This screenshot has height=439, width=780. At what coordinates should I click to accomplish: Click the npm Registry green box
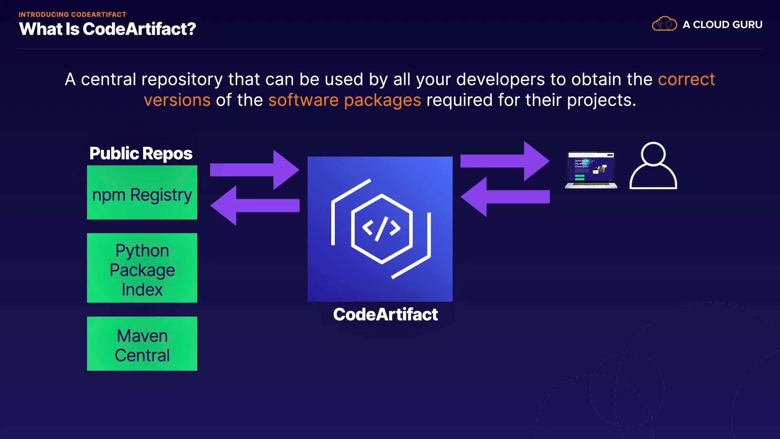(142, 192)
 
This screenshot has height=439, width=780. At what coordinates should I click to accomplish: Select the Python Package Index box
(142, 268)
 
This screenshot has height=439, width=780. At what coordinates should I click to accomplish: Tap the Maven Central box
(142, 343)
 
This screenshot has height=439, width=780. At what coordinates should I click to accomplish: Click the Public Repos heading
(141, 153)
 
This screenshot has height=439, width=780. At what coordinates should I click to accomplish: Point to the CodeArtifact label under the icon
(385, 314)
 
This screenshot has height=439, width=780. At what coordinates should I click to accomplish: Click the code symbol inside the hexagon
(381, 228)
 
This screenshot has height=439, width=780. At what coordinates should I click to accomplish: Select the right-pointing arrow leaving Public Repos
(255, 170)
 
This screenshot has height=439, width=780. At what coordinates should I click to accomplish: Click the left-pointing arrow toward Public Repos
(255, 205)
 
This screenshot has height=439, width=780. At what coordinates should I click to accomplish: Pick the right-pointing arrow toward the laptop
(505, 161)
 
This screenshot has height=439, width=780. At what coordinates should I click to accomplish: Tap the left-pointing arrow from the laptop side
(505, 197)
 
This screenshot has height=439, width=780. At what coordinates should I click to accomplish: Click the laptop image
(591, 170)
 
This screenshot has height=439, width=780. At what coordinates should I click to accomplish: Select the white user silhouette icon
(653, 166)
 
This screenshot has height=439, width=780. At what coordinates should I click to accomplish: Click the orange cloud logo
(664, 24)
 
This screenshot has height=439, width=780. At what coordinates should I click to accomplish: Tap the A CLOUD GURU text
(722, 24)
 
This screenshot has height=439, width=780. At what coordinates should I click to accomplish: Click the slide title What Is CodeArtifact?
(107, 29)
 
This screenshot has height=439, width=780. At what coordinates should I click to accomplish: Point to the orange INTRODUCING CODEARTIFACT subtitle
(72, 14)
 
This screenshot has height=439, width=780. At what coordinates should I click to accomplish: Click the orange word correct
(686, 79)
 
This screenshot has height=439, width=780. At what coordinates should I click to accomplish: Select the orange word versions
(177, 100)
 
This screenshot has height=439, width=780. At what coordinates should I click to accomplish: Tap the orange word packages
(382, 100)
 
